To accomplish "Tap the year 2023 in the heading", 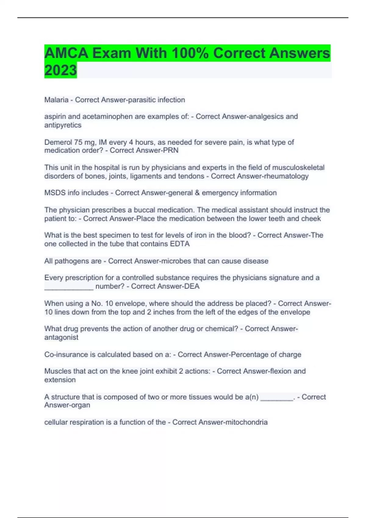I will tap(60, 70).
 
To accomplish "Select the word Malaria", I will tap(56, 100).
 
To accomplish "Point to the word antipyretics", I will tap(63, 125).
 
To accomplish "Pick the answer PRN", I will tap(171, 151).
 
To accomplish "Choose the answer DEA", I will tap(192, 286).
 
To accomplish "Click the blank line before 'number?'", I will tap(69, 287).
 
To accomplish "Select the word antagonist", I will tap(61, 338).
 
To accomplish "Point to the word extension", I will tap(60, 380).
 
